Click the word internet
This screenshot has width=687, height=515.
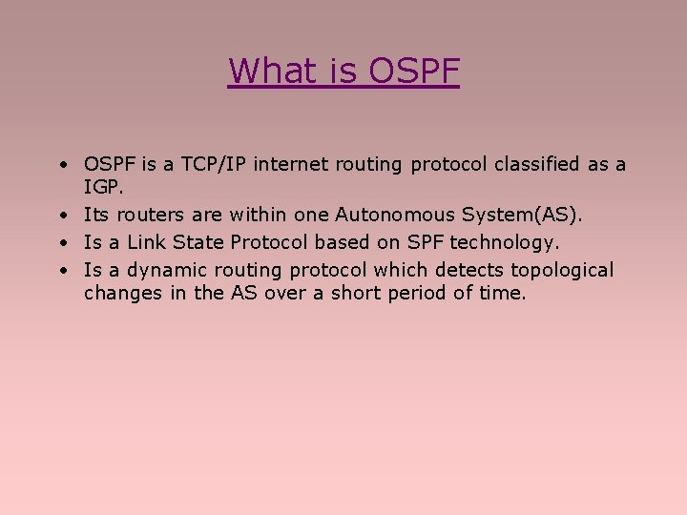click(286, 164)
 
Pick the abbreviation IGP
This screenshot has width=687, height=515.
click(102, 187)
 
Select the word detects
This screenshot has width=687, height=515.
click(467, 270)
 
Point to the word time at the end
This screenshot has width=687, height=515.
click(502, 293)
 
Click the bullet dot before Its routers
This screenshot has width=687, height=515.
click(60, 216)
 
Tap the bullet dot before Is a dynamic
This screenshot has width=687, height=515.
click(60, 271)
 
